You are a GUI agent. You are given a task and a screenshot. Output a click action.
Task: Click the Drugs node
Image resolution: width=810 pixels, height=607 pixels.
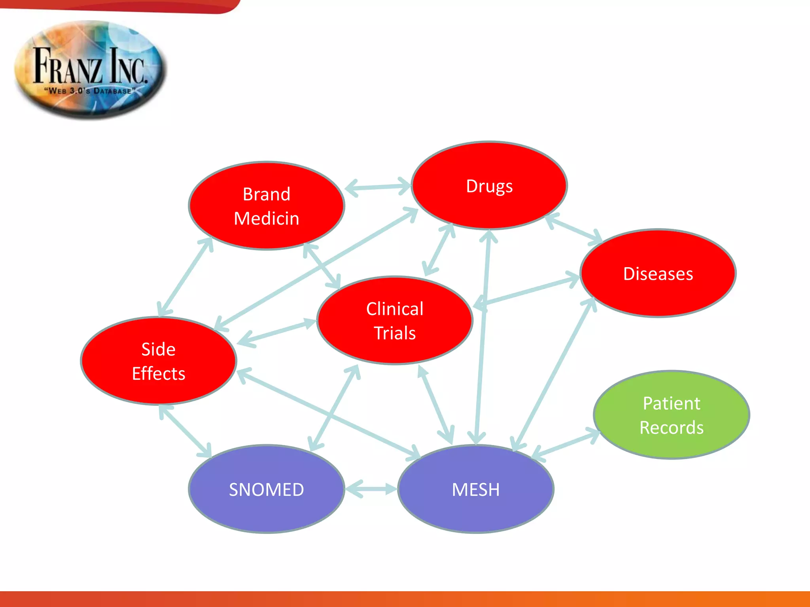(489, 186)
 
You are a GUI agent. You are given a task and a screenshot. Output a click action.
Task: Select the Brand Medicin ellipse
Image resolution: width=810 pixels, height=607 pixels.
(266, 206)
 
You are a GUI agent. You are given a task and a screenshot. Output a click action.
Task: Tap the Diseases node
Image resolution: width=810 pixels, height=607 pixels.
(658, 273)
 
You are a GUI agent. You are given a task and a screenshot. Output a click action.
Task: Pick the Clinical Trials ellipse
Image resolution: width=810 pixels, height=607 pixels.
(395, 320)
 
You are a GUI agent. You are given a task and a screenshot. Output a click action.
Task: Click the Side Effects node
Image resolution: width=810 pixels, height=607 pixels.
(158, 361)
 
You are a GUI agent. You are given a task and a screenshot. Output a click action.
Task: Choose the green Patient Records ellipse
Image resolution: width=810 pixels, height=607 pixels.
(671, 415)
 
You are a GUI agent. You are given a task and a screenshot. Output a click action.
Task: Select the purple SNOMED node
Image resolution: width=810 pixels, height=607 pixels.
(266, 489)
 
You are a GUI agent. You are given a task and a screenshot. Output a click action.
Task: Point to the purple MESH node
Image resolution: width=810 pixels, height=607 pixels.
(475, 489)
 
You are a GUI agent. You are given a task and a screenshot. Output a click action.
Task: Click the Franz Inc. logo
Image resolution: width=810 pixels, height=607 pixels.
(91, 70)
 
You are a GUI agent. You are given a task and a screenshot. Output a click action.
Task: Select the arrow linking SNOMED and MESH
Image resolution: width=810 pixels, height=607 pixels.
(371, 489)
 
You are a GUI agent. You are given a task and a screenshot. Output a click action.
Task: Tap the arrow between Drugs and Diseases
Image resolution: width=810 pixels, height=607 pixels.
(573, 229)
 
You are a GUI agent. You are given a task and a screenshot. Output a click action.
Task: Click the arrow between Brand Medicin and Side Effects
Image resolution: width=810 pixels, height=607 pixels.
(185, 277)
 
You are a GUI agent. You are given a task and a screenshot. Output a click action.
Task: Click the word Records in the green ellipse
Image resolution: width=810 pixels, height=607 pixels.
(671, 428)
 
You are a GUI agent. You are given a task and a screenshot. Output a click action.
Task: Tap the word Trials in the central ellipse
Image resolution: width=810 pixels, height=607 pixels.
(395, 333)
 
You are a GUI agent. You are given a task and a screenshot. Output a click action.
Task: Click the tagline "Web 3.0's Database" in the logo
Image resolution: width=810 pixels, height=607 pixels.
(90, 91)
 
